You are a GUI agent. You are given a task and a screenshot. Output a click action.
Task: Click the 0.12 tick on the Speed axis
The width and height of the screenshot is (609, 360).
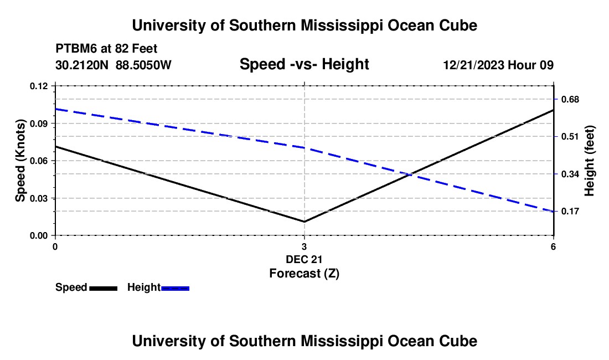[39, 86]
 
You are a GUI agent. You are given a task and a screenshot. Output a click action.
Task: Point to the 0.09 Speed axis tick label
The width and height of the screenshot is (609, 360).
[39, 124]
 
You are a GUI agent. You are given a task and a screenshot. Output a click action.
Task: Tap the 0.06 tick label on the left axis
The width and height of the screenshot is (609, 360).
[39, 161]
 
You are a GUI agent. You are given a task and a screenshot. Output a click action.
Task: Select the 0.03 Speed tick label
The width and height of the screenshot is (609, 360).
[39, 198]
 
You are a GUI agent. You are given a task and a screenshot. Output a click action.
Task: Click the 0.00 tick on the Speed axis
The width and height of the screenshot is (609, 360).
[39, 236]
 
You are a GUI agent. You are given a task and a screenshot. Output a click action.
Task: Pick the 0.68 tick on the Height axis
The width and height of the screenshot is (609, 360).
[570, 100]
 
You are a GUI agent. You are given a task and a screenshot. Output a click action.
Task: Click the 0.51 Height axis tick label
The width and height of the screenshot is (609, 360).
[570, 137]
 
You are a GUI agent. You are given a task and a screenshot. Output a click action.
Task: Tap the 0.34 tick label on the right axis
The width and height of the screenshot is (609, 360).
[570, 174]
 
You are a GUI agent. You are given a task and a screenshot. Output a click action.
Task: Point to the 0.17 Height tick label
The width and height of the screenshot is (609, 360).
[570, 212]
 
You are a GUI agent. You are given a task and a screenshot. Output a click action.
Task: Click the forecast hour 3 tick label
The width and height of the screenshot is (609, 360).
[304, 246]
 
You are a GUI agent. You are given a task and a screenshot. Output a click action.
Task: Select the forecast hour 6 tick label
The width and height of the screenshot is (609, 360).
[553, 246]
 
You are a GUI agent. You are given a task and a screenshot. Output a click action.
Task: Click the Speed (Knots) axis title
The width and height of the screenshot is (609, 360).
[20, 161]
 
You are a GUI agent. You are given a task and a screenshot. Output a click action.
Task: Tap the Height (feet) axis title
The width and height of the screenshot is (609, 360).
[589, 161]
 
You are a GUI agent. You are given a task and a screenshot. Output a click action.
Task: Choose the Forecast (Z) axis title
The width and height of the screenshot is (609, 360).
[304, 274]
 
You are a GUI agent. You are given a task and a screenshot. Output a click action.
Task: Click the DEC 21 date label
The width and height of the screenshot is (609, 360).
[304, 259]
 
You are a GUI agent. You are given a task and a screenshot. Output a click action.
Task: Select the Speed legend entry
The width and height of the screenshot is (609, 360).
[86, 287]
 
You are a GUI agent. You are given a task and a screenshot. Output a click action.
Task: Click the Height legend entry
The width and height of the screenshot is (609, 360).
[158, 287]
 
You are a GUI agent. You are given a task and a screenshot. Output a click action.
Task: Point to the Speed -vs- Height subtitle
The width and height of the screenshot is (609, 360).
[304, 64]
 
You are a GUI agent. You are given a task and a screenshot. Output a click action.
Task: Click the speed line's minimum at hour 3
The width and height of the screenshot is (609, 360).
[304, 222]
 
